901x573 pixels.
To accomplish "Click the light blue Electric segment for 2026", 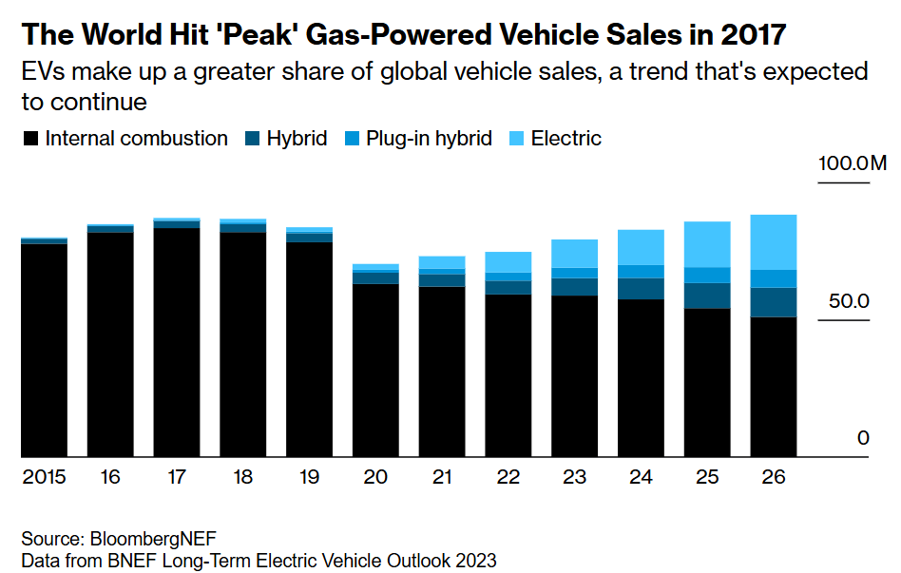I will tap(774, 242).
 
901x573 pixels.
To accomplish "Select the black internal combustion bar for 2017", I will tap(177, 342).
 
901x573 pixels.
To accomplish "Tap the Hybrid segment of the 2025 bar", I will tap(707, 296).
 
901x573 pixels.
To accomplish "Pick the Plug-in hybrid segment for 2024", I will tap(641, 271).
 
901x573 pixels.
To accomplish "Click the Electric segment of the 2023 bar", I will tap(574, 254).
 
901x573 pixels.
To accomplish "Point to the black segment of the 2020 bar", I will tap(375, 371).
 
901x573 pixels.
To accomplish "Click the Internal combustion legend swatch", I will tap(30, 139).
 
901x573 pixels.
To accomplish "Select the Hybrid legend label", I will tap(297, 139).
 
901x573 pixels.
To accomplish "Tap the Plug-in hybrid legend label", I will tap(431, 139).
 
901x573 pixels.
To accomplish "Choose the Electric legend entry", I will tap(566, 139).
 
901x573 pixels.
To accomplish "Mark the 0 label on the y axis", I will tap(863, 438).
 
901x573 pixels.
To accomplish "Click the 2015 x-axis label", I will tap(45, 477).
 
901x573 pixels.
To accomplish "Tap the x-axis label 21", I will tap(442, 477).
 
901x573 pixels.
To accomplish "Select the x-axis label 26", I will tap(774, 477).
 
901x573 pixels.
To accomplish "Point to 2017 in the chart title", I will tap(752, 35).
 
